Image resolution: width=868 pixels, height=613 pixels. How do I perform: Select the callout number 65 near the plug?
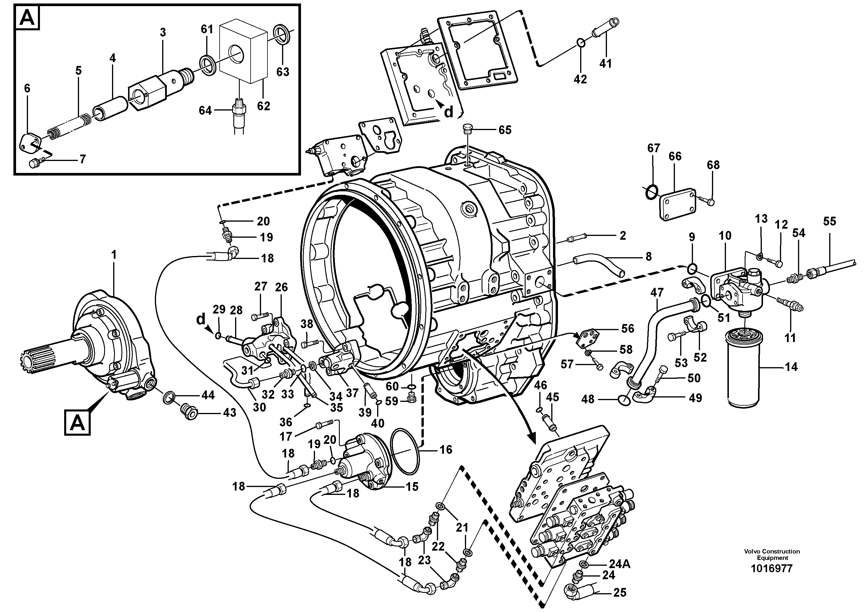tap(505, 130)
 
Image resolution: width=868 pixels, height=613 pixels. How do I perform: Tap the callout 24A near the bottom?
tap(619, 564)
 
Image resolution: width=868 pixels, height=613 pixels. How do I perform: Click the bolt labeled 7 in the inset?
tap(37, 163)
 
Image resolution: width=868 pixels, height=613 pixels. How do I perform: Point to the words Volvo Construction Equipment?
tap(771, 554)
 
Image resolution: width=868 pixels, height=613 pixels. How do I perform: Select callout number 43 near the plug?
tap(229, 412)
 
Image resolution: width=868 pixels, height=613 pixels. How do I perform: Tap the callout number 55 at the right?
tap(829, 221)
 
